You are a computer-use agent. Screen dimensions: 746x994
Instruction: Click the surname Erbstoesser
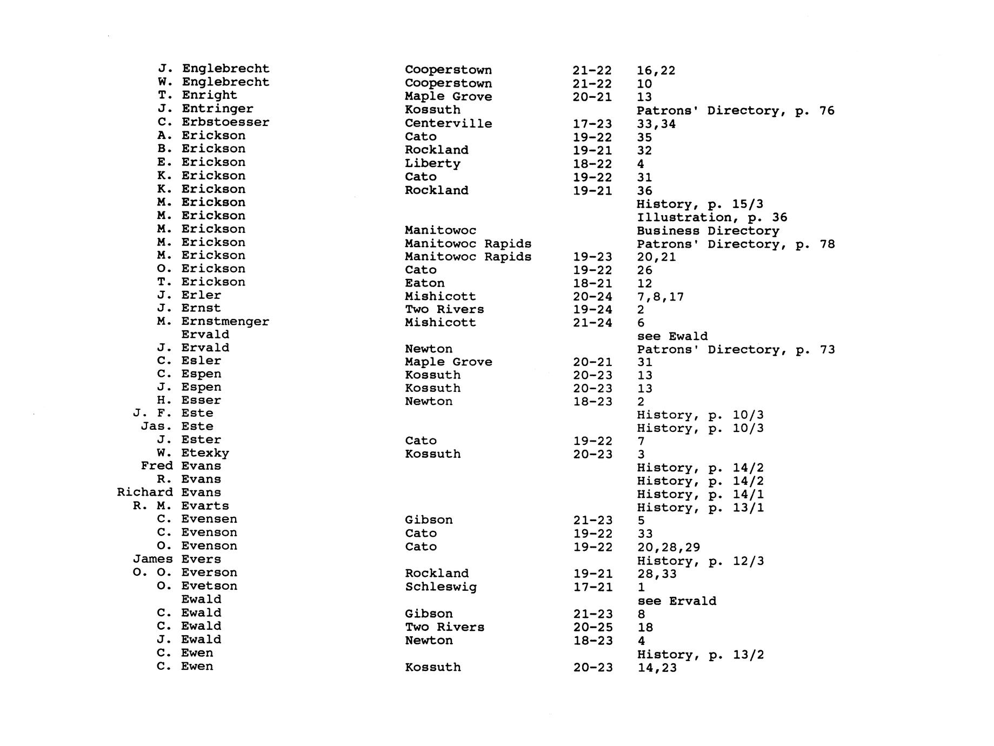click(225, 122)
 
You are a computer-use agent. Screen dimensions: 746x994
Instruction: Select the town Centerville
click(448, 124)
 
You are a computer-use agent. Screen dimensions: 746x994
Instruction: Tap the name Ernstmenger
click(225, 322)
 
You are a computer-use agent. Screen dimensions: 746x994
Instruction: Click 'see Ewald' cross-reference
click(672, 336)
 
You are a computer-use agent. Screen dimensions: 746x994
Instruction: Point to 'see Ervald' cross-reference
click(676, 601)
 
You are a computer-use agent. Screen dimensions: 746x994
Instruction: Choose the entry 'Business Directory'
click(708, 231)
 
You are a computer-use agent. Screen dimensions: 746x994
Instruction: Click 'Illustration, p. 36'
click(711, 218)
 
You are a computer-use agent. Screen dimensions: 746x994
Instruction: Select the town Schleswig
click(441, 587)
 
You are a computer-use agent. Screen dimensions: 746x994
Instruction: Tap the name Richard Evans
click(169, 492)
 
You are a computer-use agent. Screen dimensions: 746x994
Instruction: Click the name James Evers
click(177, 559)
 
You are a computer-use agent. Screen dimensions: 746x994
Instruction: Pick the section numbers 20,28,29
click(668, 548)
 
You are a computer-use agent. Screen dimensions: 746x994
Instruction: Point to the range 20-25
click(592, 628)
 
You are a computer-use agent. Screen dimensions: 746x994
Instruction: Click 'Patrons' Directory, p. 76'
click(735, 111)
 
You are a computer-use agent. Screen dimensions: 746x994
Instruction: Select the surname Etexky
click(205, 453)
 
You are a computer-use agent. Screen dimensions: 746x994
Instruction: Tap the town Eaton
click(425, 283)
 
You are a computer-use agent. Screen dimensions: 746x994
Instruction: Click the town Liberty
click(432, 164)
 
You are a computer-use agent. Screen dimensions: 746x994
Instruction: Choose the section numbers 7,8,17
click(660, 297)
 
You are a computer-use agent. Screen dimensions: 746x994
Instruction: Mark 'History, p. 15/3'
click(700, 204)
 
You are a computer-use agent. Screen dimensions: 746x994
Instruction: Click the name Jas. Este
click(177, 427)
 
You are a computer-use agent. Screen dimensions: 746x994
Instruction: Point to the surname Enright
click(209, 95)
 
